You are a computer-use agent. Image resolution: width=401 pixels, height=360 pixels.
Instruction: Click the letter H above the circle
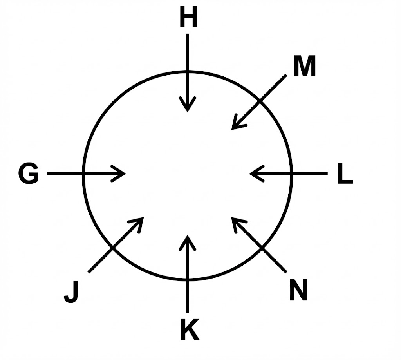188,18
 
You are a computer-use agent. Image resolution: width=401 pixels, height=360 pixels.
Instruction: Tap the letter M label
304,67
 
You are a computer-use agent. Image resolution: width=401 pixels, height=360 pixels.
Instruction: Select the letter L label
345,175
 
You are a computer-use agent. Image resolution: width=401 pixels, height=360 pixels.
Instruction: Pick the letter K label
189,330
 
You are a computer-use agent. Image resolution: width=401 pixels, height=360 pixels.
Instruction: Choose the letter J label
71,293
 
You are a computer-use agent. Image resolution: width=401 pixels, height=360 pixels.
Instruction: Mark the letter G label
29,174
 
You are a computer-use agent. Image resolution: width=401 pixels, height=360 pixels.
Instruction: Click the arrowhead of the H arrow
188,109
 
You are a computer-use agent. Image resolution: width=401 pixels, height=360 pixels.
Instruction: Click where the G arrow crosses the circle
83,174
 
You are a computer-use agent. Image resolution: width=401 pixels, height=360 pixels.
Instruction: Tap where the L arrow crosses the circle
293,174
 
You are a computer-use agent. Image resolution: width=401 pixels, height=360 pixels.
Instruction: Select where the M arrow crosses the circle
260,101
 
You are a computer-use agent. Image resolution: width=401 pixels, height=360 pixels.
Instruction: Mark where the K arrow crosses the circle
188,280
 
